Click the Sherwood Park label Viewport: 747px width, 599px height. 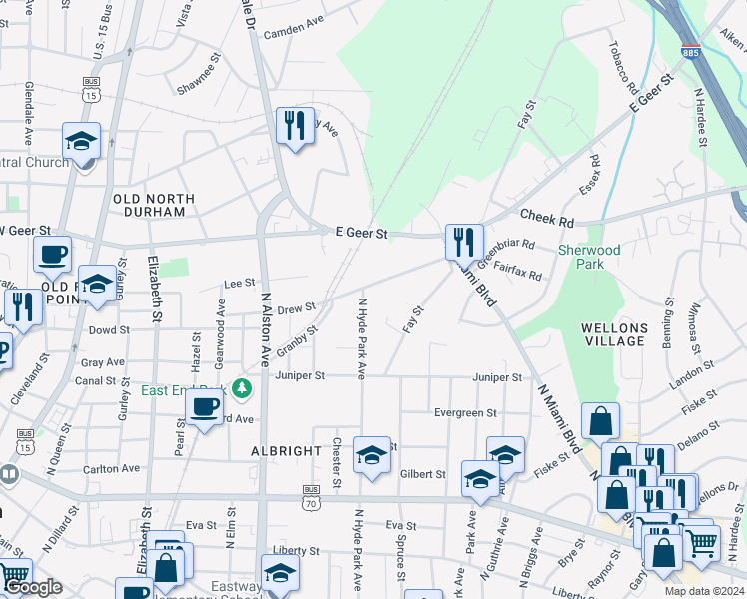589,257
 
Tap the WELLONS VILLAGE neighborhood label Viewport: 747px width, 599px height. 614,334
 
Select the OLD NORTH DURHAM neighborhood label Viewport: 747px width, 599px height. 149,205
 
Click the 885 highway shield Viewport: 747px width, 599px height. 691,50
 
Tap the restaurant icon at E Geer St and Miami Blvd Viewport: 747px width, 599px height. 464,241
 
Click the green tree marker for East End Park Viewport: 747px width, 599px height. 241,387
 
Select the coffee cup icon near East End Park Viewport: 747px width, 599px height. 204,407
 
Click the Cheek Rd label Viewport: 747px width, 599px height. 547,221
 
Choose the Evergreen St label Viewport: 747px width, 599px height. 465,413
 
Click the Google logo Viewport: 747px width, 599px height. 33,588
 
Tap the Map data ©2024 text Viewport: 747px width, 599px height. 702,591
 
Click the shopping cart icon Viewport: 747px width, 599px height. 701,543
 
